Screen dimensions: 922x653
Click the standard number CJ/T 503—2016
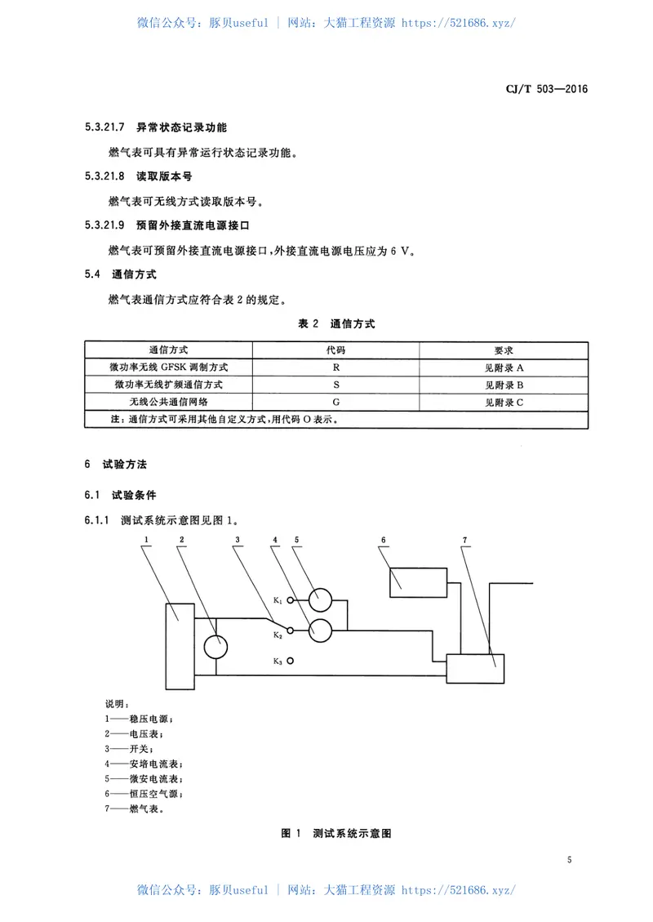[543, 90]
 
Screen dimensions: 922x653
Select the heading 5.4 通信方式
[120, 274]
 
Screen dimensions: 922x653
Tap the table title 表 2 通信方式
[336, 324]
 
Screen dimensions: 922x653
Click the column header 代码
[336, 350]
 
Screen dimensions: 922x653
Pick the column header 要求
[503, 350]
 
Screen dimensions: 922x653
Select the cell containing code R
[336, 367]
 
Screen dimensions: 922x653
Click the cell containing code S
[336, 385]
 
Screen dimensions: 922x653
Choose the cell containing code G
[336, 402]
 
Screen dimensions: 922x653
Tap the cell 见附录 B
[503, 385]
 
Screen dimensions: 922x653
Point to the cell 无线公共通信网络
[168, 402]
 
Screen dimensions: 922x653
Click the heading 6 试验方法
[116, 464]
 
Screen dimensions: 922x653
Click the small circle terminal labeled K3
[291, 661]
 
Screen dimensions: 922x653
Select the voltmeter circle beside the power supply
[215, 647]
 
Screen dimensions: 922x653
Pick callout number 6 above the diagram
[383, 541]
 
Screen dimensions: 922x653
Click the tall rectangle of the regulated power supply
[180, 647]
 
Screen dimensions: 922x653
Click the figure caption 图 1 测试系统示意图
[336, 834]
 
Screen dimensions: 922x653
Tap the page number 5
[568, 860]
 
